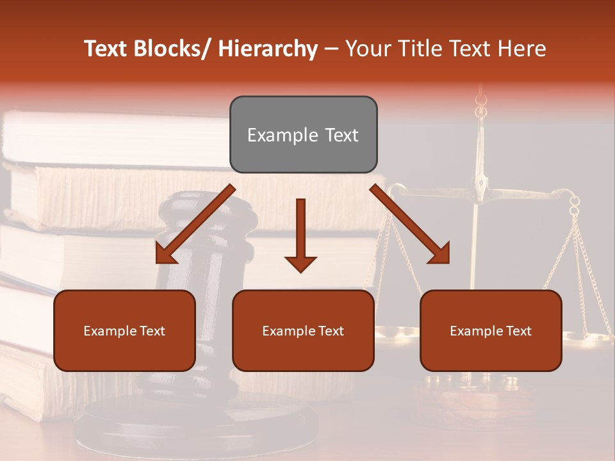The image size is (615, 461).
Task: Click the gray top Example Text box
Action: coord(303,134)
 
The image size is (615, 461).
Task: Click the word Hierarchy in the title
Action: coord(268,49)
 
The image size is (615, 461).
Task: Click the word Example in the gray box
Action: coord(277,135)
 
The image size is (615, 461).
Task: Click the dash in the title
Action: coord(331,49)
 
